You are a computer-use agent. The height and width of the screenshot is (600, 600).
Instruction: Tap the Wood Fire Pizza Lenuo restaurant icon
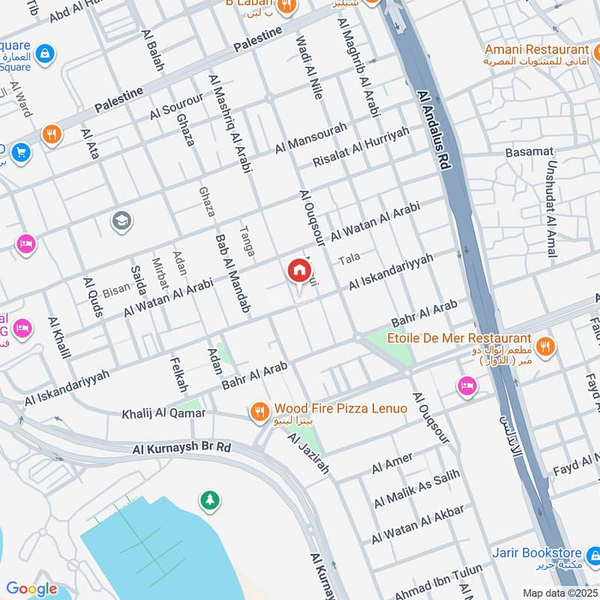pos(259,409)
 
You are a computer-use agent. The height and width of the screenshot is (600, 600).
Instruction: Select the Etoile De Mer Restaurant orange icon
pos(545,346)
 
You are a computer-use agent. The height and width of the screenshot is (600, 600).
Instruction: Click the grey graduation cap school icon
pos(121,220)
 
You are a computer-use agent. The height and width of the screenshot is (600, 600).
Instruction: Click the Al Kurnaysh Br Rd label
pos(182,448)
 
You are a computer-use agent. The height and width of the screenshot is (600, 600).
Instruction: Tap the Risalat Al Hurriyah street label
pos(361,147)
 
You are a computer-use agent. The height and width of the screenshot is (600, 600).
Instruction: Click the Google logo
pos(31,589)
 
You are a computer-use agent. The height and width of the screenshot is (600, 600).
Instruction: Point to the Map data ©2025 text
pos(559,592)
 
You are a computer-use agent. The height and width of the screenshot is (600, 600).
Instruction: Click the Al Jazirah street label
pos(308,454)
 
